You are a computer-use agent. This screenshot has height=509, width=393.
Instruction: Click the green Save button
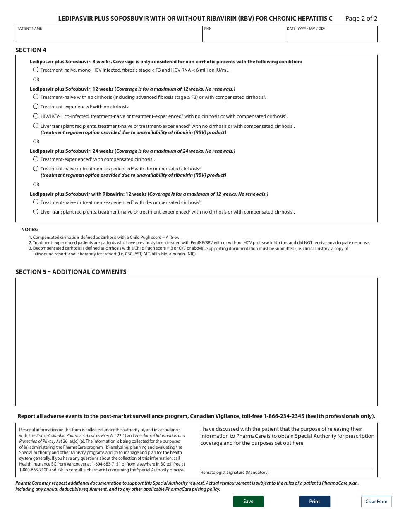pos(248,501)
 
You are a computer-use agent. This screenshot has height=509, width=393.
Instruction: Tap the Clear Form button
pos(376,501)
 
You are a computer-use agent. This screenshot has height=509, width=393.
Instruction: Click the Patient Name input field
pos(109,36)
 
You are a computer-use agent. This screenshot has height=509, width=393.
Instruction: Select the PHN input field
pos(243,36)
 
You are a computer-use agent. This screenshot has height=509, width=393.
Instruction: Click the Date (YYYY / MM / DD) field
pos(331,36)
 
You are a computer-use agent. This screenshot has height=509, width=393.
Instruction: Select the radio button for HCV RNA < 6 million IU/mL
pos(36,70)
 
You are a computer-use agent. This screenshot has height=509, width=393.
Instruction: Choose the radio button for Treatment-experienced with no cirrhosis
pos(36,106)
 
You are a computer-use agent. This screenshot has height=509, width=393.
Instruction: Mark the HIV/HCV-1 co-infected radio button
pos(36,116)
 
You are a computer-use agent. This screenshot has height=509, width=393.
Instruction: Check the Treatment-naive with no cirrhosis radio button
pos(36,97)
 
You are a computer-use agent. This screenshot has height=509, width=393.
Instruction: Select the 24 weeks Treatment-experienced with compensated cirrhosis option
pos(36,159)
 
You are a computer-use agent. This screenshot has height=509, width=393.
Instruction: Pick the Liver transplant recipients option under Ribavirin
pos(36,211)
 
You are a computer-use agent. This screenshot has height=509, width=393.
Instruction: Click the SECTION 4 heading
pos(31,50)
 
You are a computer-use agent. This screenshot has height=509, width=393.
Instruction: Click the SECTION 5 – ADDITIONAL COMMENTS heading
pos(71,272)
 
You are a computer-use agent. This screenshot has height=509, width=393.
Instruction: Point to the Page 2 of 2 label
pos(361,18)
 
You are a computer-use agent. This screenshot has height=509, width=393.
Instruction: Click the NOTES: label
pos(30,230)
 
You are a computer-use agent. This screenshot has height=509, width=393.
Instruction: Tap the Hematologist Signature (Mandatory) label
pos(234,472)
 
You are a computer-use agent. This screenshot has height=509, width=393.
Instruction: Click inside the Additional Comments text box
pos(196,341)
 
